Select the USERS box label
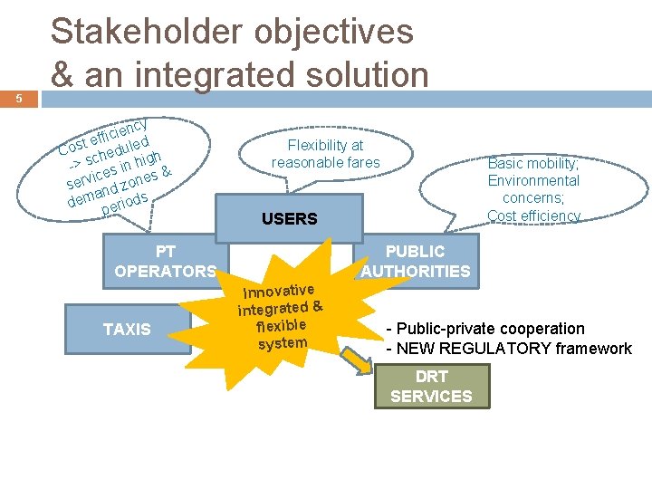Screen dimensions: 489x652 [289, 219]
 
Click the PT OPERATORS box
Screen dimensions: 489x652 [165, 261]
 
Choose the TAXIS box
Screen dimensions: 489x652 [127, 330]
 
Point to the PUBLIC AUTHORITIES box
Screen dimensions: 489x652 [416, 261]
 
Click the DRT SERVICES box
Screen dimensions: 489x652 [431, 387]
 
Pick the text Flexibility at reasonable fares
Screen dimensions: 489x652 [325, 154]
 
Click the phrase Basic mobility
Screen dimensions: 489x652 [532, 164]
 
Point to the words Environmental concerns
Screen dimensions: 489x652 [533, 189]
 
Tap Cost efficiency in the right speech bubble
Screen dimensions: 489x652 [533, 216]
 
